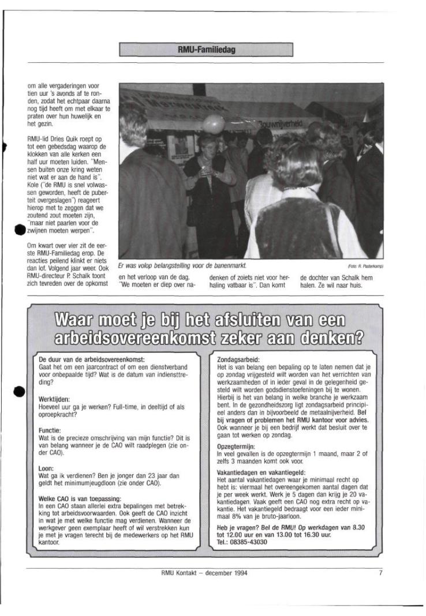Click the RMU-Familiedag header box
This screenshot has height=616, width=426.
[x=206, y=50]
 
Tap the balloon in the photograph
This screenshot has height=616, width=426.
[x=213, y=123]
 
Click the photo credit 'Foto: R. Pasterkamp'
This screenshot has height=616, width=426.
[x=366, y=266]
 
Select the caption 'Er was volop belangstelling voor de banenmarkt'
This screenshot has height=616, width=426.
[x=181, y=266]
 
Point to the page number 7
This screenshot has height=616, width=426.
[x=381, y=573]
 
